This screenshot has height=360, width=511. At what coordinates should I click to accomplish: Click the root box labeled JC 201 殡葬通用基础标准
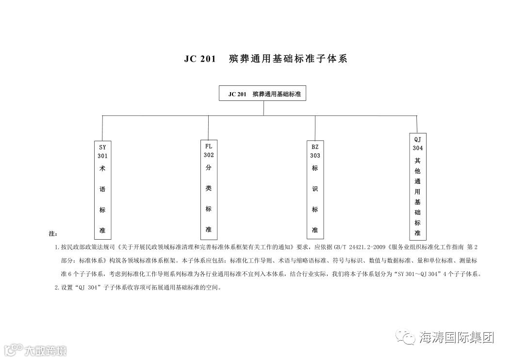tap(264, 94)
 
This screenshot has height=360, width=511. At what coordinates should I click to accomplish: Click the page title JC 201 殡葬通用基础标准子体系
tap(265, 59)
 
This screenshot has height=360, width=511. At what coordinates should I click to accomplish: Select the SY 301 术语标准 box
tap(102, 189)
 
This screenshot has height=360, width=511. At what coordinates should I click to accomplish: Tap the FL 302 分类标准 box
tap(209, 187)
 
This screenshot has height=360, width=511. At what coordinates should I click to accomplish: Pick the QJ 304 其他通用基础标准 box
tap(417, 186)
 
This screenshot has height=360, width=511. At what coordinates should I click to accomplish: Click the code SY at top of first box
tap(102, 147)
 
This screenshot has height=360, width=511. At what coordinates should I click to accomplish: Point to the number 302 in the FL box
tap(209, 155)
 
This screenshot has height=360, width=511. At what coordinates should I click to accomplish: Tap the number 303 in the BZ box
tap(315, 156)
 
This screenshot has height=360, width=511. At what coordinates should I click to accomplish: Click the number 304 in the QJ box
tap(417, 148)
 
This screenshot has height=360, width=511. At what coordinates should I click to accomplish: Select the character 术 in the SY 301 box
tap(102, 168)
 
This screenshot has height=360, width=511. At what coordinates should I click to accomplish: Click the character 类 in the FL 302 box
tap(209, 188)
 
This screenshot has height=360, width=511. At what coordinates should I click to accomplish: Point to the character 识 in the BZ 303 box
tap(315, 189)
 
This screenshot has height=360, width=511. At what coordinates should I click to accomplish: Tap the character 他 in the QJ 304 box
tap(417, 171)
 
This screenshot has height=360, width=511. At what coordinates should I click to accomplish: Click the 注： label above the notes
tap(53, 234)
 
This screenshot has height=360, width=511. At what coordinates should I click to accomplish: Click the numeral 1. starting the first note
tap(57, 247)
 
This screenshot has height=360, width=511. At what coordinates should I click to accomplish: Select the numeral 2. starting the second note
tap(57, 287)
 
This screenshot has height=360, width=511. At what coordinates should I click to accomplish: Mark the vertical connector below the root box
tap(264, 108)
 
